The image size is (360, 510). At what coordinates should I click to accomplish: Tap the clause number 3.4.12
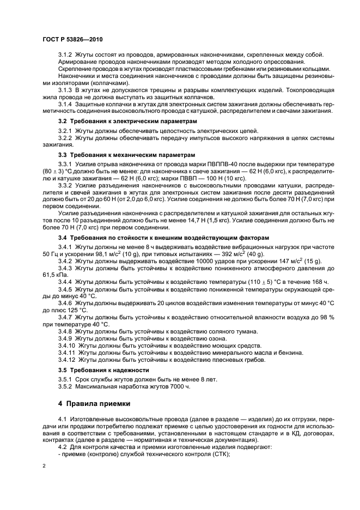67,360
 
